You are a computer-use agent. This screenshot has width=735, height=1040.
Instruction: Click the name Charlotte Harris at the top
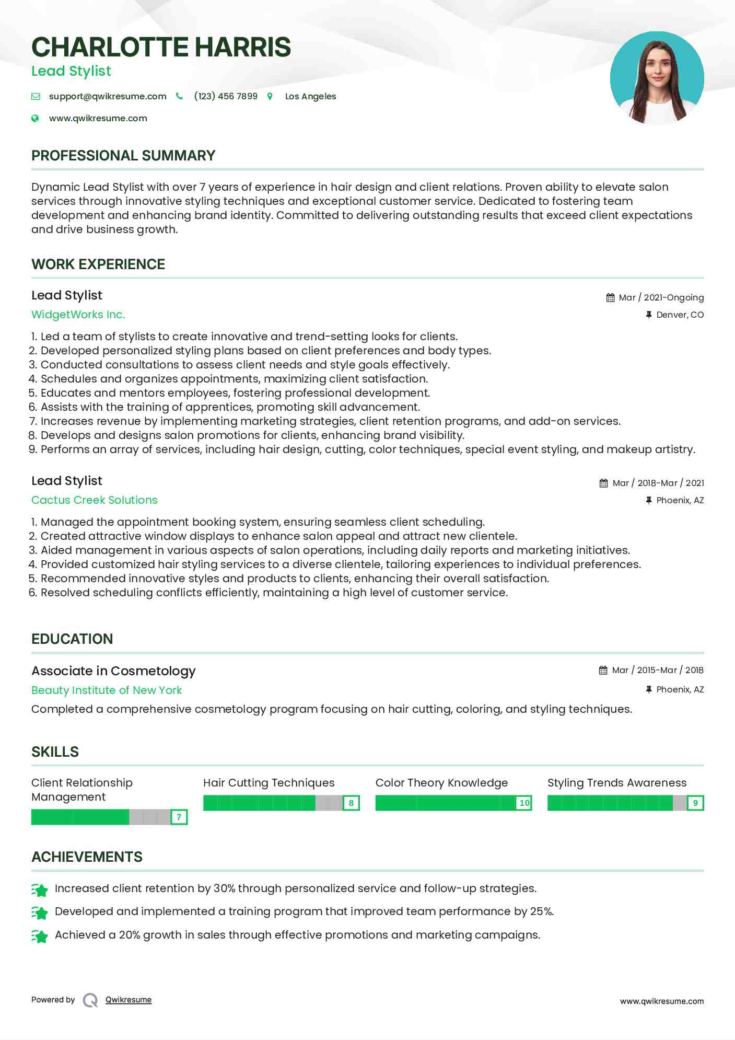coord(161,47)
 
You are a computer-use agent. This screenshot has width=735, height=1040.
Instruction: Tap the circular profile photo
coord(657,78)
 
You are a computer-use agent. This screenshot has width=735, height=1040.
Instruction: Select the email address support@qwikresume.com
coord(108,96)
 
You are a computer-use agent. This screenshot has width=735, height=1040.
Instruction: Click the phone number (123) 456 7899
coord(226,96)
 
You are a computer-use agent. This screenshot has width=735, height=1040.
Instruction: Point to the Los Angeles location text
coord(310,96)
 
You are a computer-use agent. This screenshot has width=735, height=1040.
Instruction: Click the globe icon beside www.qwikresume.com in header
coord(35,118)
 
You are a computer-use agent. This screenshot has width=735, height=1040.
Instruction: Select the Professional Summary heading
coord(123,156)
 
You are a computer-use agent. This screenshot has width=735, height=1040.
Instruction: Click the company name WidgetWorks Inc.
coord(78,315)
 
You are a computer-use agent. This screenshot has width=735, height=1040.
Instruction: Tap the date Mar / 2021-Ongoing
coord(661,297)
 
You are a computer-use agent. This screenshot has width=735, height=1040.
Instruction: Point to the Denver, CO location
coord(680,315)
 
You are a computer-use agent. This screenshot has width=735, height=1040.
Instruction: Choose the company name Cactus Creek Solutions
coord(94,500)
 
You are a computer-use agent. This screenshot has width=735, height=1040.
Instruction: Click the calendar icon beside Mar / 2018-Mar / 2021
coord(603,483)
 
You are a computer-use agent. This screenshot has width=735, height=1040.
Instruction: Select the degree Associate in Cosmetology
coord(113,671)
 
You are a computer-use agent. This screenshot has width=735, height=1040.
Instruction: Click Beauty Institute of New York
coord(107,690)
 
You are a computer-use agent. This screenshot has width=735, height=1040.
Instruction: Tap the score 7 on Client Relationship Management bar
coord(179,817)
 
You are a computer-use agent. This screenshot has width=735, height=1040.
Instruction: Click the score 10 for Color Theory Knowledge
coord(524,803)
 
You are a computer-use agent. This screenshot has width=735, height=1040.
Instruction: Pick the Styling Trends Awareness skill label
coord(617,783)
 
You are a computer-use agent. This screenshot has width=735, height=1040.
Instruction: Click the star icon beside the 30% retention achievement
coord(40,889)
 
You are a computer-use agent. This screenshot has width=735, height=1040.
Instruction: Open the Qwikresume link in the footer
coord(129,1000)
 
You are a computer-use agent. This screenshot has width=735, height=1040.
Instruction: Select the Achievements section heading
coord(87,857)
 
